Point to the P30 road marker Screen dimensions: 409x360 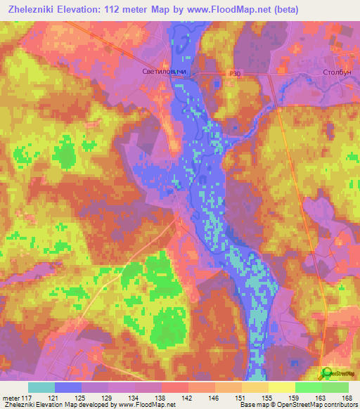pos(235,72)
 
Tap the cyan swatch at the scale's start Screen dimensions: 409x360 pos(41,387)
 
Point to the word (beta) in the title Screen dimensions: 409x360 pos(283,9)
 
